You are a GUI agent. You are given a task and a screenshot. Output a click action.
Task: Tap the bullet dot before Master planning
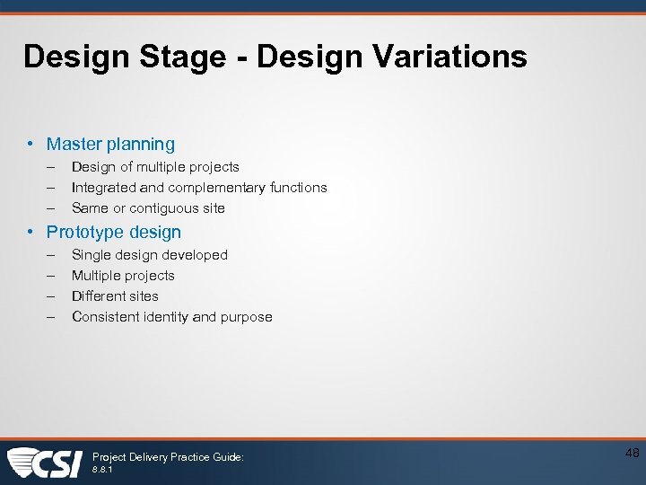(31, 144)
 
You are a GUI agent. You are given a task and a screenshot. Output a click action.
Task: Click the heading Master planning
(110, 144)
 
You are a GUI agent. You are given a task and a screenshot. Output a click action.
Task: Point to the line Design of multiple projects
(155, 167)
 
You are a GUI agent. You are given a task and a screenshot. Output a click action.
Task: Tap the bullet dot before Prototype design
(31, 232)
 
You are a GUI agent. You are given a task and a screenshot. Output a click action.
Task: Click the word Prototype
(85, 233)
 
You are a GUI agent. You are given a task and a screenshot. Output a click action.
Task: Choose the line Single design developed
(150, 255)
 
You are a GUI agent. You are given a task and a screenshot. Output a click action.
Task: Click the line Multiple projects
(123, 276)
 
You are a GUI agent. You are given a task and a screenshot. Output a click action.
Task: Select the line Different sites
(115, 296)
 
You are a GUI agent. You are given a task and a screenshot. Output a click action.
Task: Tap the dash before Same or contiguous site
(52, 208)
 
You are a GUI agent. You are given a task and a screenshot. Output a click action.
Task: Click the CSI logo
(45, 462)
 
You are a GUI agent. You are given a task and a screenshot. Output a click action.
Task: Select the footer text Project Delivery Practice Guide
(168, 457)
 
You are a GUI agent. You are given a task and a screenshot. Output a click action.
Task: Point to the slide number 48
(632, 454)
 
